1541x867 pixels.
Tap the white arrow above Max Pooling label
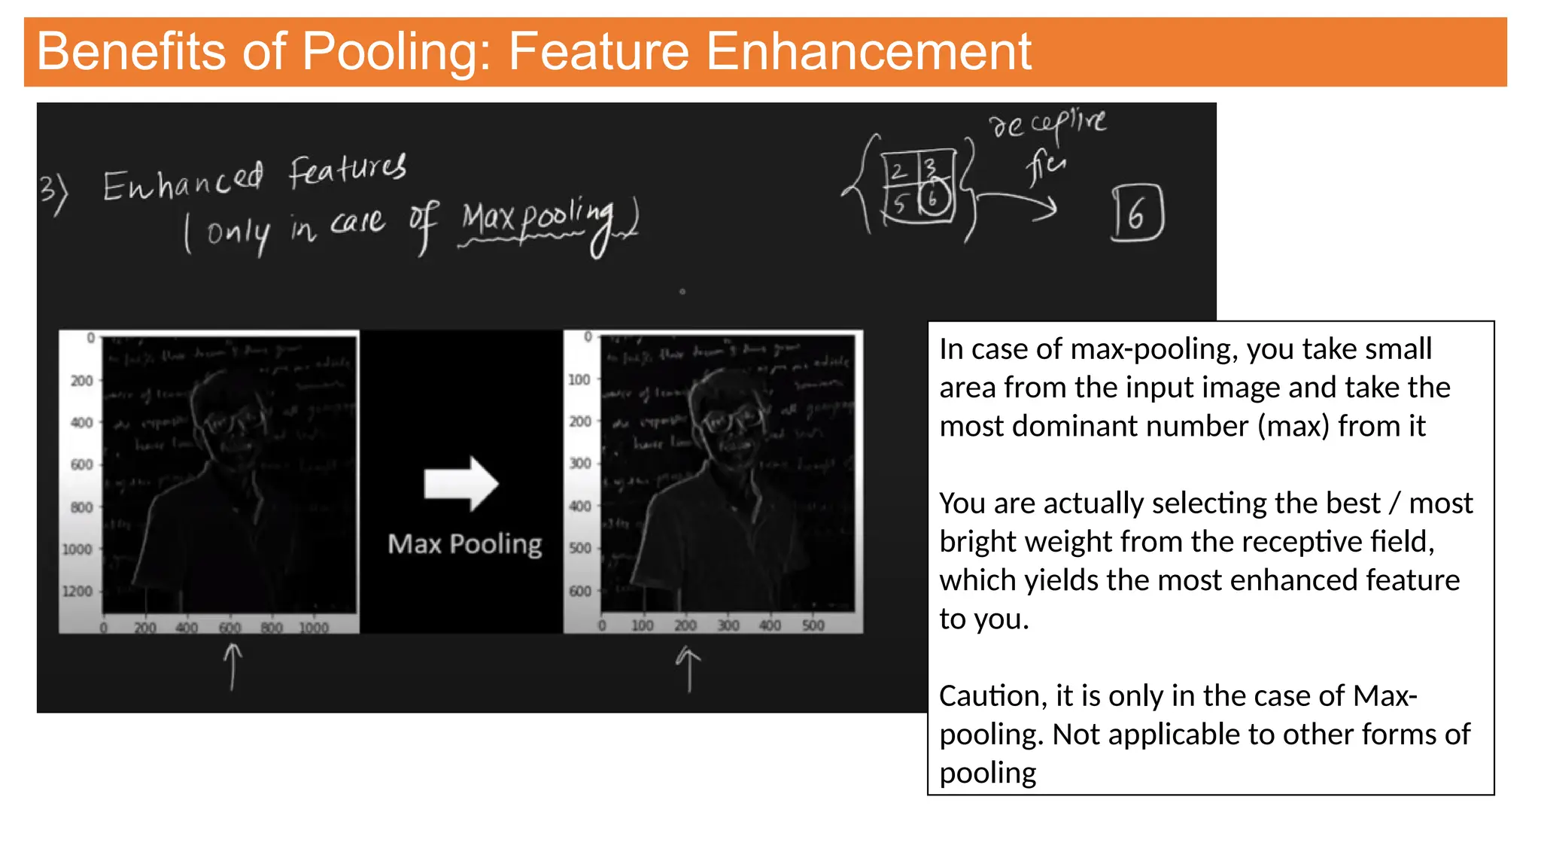click(x=461, y=483)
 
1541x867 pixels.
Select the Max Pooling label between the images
click(x=464, y=543)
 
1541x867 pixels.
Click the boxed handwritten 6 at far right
click(x=1137, y=213)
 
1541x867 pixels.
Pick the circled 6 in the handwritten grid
click(x=933, y=199)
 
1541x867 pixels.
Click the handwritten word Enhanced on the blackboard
click(x=183, y=181)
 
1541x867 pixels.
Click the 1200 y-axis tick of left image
click(x=78, y=592)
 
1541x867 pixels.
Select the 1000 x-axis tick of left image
click(x=314, y=628)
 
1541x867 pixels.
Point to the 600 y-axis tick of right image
click(x=579, y=592)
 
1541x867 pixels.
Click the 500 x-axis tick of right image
click(x=813, y=625)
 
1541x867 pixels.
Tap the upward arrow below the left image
click(x=233, y=666)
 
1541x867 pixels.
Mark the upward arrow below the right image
click(x=688, y=668)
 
